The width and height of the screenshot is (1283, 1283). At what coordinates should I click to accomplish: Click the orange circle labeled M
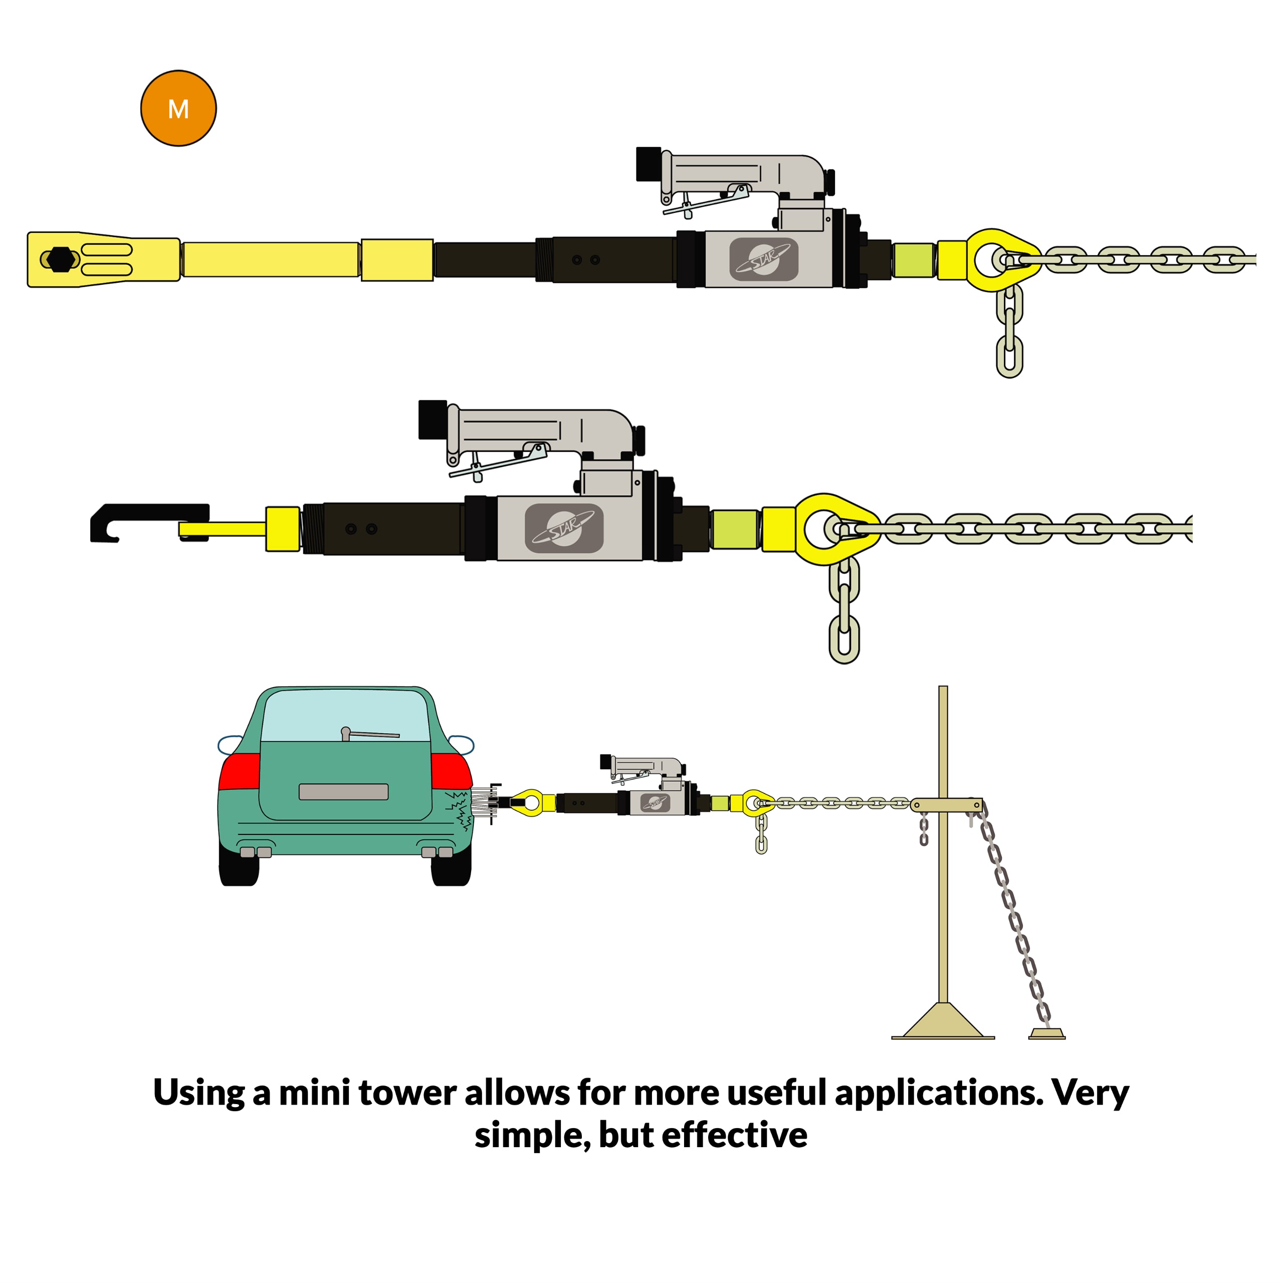(x=178, y=108)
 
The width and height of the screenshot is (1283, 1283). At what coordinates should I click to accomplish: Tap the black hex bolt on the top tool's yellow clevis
(x=61, y=259)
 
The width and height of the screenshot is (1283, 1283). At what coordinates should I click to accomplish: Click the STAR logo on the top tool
(x=764, y=259)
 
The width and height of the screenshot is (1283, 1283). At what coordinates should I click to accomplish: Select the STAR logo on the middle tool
(x=564, y=528)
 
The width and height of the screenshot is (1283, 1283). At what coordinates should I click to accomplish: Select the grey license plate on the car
(x=343, y=791)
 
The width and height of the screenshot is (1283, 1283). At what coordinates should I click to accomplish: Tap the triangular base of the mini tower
(x=943, y=1021)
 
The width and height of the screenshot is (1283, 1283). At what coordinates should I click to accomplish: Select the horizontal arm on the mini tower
(x=946, y=805)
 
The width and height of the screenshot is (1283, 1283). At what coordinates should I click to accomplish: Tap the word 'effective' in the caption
(x=735, y=1135)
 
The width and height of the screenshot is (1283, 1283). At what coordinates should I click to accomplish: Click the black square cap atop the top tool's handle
(x=648, y=164)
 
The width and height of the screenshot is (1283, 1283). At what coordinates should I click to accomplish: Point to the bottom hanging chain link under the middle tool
(x=844, y=639)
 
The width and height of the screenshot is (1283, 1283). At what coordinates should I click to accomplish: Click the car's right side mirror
(x=462, y=744)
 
